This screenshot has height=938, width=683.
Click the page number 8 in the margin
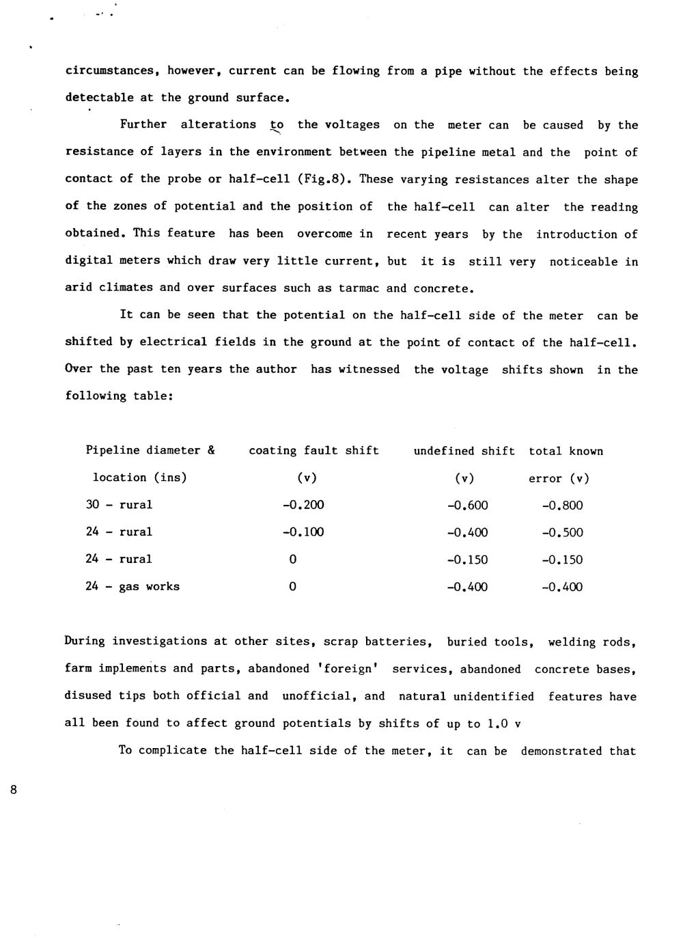click(13, 790)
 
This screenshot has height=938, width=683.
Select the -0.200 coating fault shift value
click(303, 506)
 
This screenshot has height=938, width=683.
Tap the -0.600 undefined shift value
click(467, 506)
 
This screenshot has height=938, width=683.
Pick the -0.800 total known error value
click(562, 506)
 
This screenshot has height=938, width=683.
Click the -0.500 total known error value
click(562, 533)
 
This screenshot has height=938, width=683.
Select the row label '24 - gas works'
click(133, 587)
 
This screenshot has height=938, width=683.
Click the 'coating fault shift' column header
click(313, 451)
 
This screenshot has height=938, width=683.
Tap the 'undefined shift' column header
click(464, 451)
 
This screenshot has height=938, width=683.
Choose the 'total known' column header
click(566, 451)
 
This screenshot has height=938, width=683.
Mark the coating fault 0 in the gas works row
click(292, 587)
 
